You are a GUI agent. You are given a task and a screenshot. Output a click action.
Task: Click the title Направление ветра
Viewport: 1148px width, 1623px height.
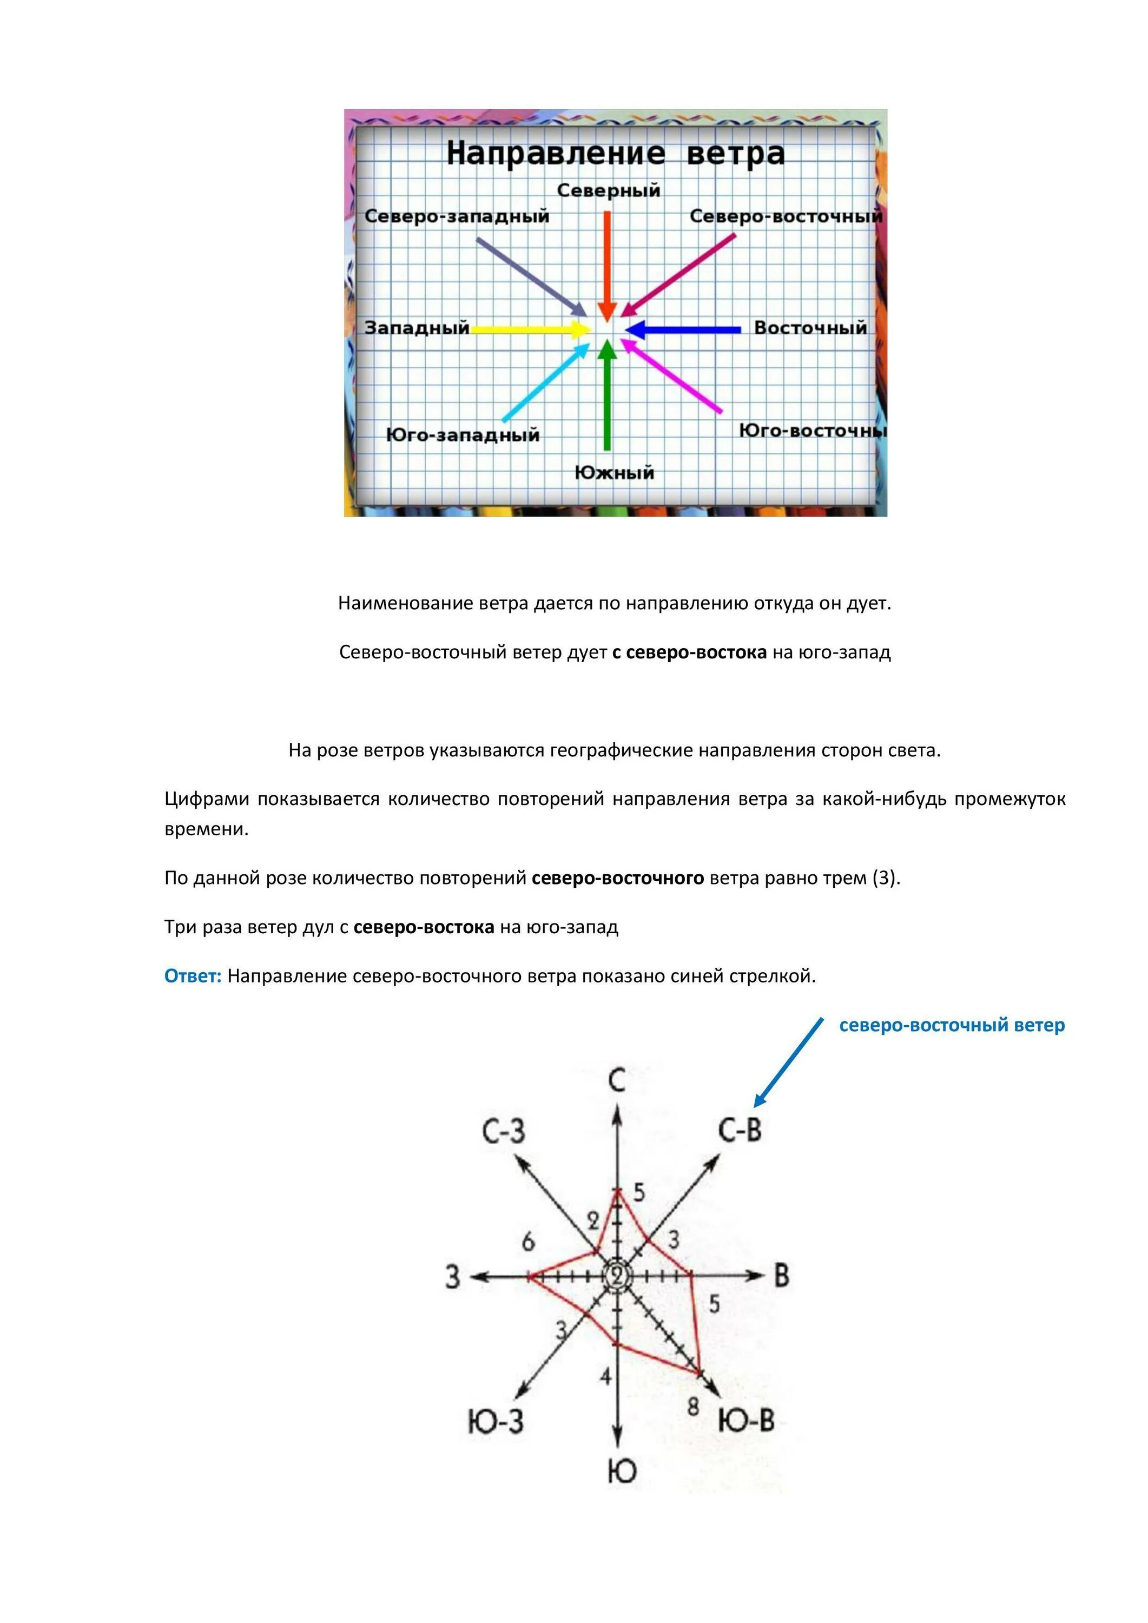(x=615, y=154)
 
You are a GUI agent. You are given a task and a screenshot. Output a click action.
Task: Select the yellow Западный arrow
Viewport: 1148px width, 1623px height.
(x=530, y=329)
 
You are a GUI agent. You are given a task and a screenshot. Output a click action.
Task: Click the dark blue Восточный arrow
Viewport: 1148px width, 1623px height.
(x=683, y=329)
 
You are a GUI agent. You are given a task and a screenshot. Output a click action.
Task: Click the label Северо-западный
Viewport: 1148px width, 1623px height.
(x=457, y=216)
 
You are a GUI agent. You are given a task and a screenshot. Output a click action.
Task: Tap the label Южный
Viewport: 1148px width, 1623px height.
(x=614, y=472)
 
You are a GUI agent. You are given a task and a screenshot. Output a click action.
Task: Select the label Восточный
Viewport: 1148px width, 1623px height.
(x=810, y=328)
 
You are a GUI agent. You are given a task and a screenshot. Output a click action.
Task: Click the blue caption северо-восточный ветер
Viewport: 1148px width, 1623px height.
(x=952, y=1025)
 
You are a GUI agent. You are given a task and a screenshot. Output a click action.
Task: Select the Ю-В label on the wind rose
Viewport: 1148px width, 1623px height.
(x=747, y=1420)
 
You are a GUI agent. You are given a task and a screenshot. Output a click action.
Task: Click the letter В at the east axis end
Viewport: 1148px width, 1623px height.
(x=781, y=1276)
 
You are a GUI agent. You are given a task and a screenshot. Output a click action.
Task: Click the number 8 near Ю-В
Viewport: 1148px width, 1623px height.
(x=694, y=1407)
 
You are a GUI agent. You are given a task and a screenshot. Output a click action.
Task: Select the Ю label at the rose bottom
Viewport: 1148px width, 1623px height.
(x=622, y=1472)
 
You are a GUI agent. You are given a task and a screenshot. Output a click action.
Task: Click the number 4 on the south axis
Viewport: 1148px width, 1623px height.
(x=605, y=1376)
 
